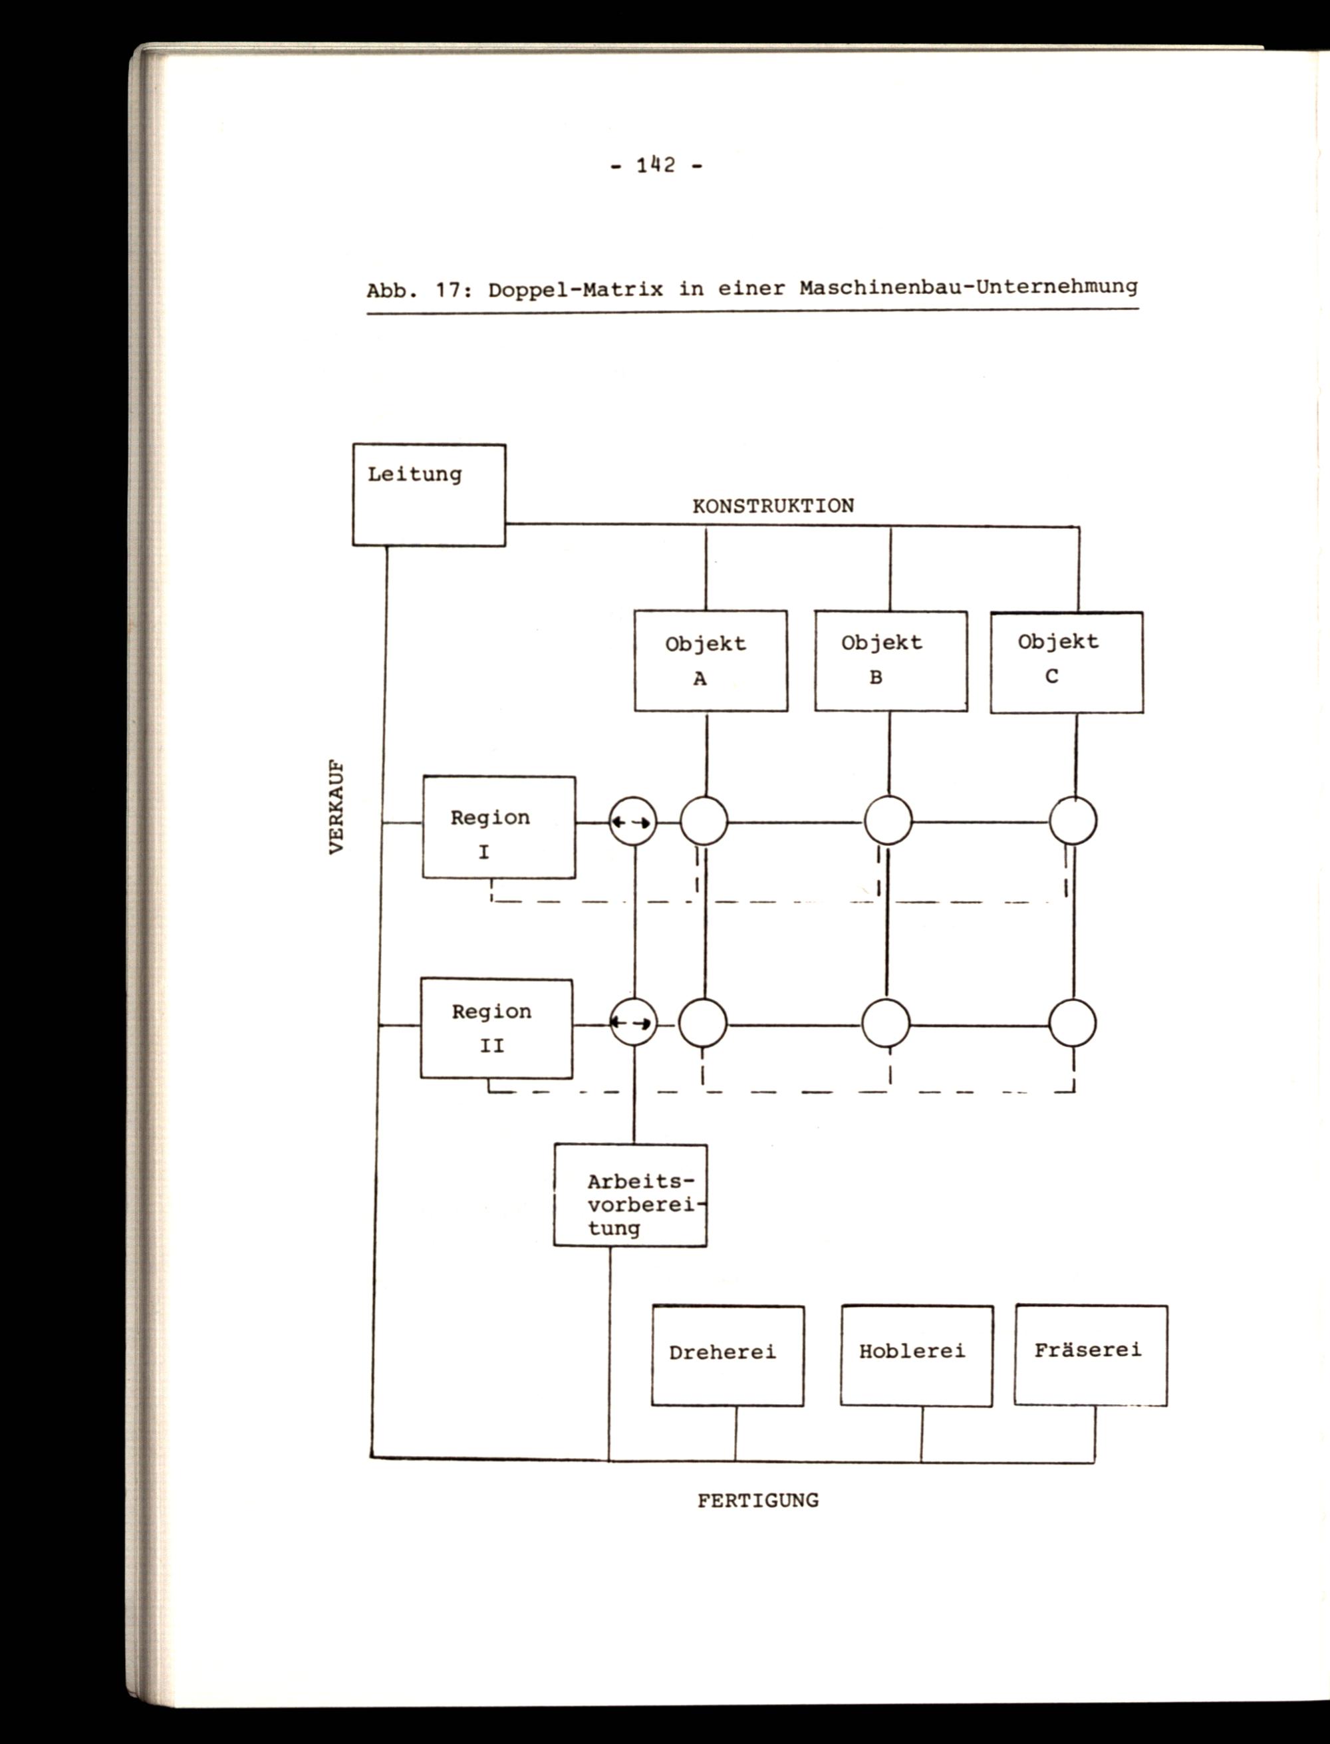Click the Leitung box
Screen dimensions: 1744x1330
tap(428, 494)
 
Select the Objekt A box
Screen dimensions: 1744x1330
tap(710, 660)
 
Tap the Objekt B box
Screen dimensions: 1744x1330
tap(890, 660)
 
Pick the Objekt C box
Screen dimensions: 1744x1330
tap(1067, 661)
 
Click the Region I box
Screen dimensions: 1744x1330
tap(498, 827)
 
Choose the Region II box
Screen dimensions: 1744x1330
tap(495, 1028)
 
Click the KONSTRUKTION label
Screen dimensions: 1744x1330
tap(773, 506)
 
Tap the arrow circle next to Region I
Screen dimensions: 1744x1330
tap(632, 823)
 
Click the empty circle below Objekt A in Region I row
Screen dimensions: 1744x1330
tap(703, 821)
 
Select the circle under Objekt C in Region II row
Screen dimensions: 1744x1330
tap(1073, 1024)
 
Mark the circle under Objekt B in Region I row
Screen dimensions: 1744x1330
tap(888, 821)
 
